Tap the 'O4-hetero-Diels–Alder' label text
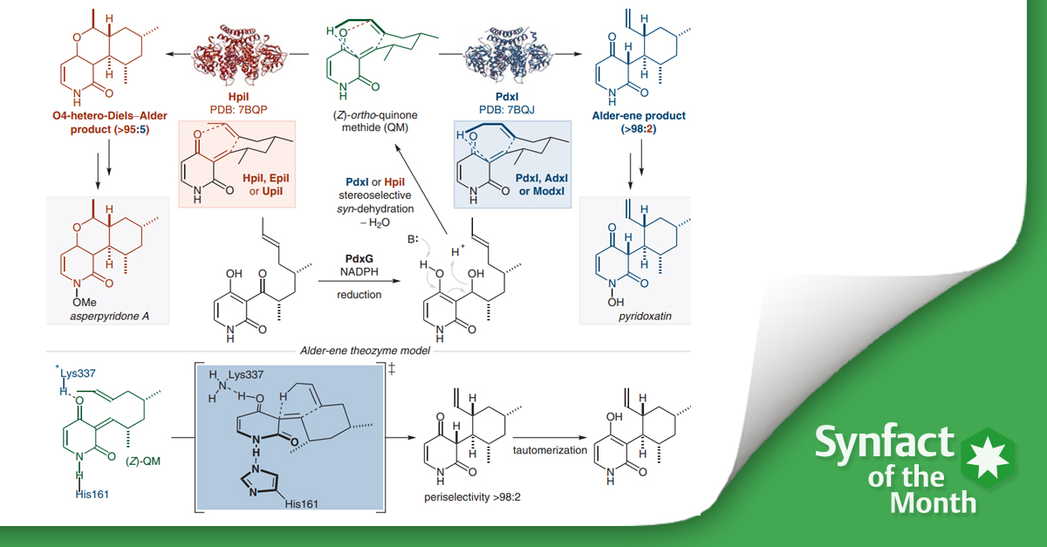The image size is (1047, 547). coord(86,114)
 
